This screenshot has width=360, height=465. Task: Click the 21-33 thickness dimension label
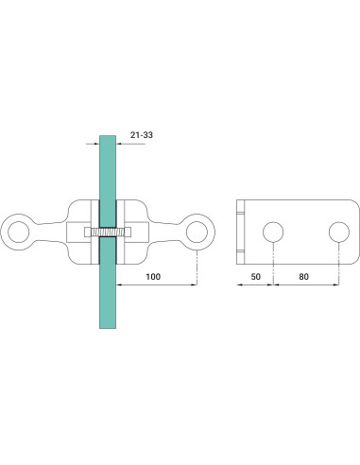142,135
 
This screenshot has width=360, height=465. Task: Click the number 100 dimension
153,277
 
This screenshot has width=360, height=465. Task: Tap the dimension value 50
256,277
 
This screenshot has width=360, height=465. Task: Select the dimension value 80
303,277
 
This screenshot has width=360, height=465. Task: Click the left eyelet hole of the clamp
19,232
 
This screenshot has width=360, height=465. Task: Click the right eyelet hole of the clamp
197,232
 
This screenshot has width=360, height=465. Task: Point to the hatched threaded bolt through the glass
108,232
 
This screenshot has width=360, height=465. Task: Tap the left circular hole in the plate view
273,232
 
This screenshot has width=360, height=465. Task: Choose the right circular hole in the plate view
339,232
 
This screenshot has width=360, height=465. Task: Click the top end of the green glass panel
108,136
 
